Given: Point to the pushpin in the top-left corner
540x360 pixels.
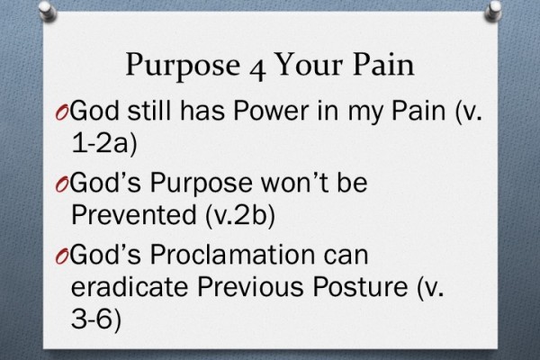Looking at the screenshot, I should pos(20,12).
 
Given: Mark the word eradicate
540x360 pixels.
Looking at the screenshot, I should pos(120,290).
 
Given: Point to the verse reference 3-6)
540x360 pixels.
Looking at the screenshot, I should pos(93,322).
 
